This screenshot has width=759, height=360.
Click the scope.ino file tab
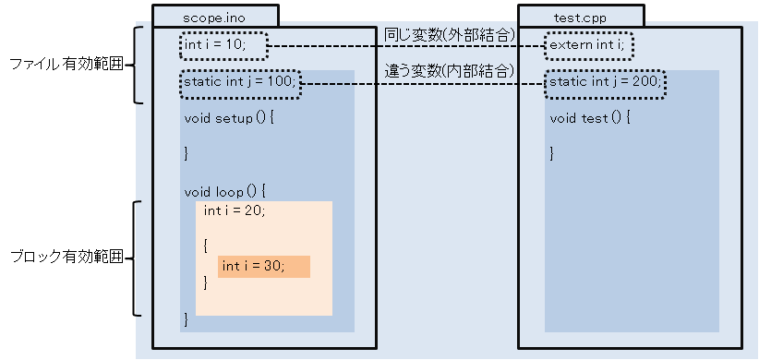215,16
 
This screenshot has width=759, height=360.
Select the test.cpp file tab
581,16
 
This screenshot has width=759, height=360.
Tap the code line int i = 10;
215,45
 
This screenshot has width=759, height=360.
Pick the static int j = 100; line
239,81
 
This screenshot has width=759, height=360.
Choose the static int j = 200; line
605,81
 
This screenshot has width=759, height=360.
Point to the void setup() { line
229,118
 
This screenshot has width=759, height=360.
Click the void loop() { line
225,192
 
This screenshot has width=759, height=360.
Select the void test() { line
590,118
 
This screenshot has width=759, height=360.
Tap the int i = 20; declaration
235,211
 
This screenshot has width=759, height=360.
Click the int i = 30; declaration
254,266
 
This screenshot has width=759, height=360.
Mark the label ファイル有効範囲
66,65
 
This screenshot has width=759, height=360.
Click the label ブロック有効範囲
66,258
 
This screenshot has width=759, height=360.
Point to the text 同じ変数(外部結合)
449,35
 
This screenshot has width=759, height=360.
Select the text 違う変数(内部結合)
449,72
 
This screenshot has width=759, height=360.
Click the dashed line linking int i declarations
406,46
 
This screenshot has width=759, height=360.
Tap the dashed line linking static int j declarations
423,84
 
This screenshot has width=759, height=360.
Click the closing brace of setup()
187,154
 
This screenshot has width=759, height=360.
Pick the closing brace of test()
552,154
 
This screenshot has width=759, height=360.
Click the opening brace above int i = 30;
206,246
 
